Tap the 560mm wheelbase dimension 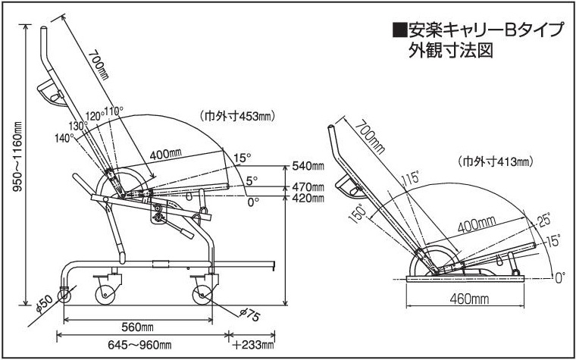(139, 327)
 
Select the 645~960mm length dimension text (139, 346)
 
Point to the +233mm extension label (253, 346)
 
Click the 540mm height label (307, 166)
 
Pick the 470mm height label (307, 186)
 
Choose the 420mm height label (307, 199)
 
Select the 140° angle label (64, 138)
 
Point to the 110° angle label (114, 111)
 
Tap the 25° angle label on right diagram (543, 221)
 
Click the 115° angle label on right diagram (410, 180)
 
